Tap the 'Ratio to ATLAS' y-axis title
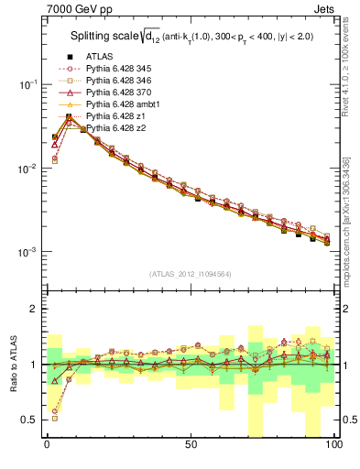coord(14,366)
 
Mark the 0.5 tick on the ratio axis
coord(27,420)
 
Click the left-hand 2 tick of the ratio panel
coord(32,309)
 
